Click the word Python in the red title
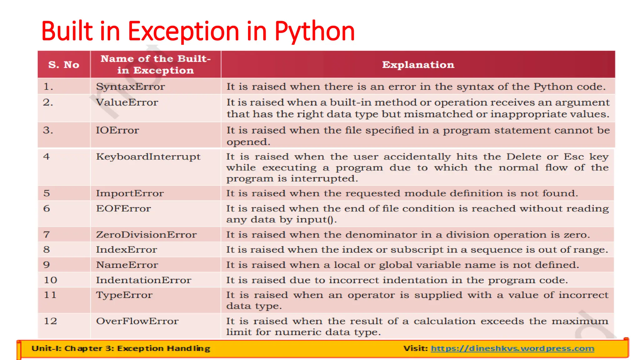pos(314,31)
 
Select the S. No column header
pos(64,65)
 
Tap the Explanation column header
pos(418,65)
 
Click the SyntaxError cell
pos(130,87)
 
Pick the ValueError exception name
pos(127,102)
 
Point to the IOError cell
pos(117,130)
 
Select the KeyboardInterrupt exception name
pos(148,157)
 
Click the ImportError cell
pos(130,193)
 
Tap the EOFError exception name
pos(123,209)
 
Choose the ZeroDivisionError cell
pos(146,235)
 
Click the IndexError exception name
pos(126,250)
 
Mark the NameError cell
pos(127,265)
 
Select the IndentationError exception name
pos(143,280)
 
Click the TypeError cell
pos(124,295)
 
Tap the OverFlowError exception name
pos(137,321)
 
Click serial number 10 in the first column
pos(50,280)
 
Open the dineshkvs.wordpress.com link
pos(512,348)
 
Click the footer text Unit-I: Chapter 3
pos(121,348)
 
